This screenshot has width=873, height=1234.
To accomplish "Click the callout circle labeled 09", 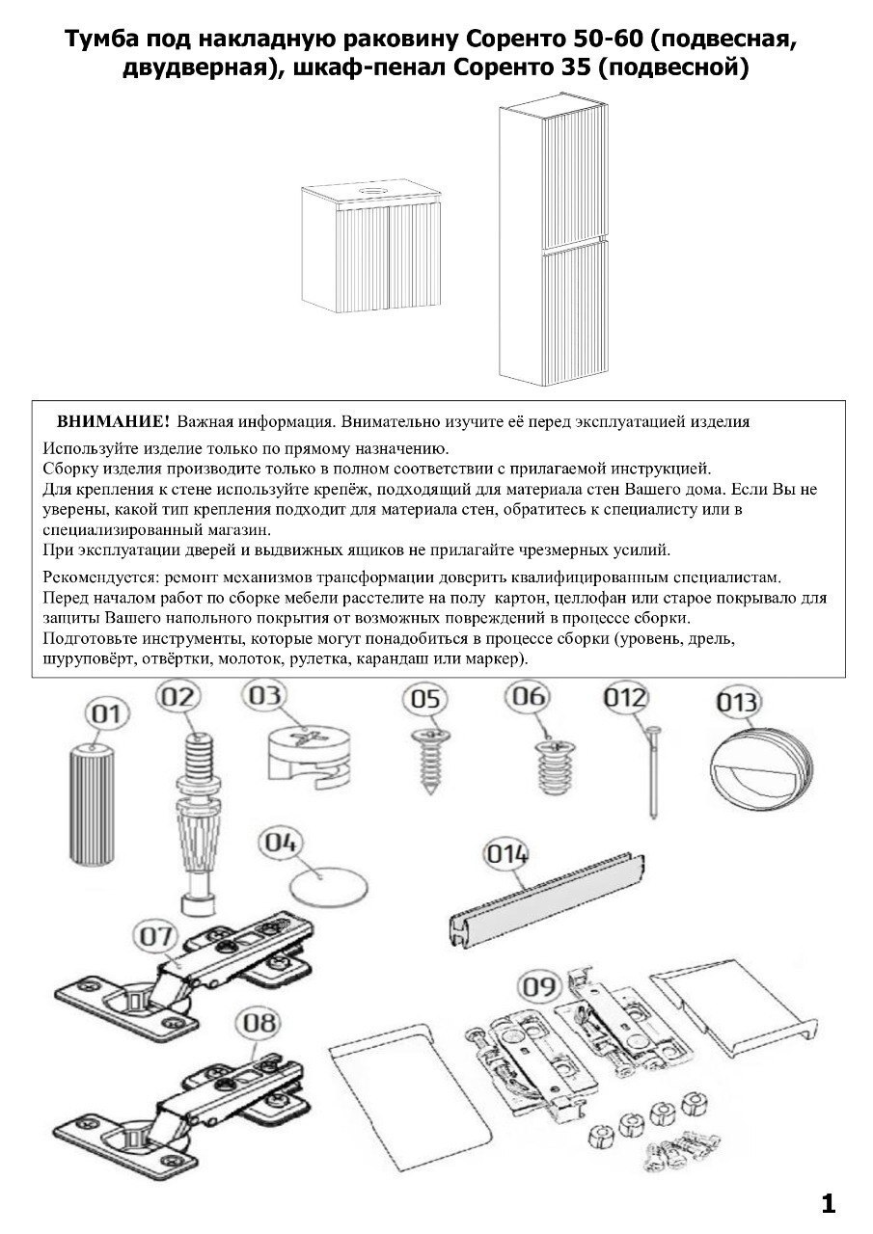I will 542,987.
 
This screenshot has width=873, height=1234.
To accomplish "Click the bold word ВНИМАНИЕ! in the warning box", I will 114,422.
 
